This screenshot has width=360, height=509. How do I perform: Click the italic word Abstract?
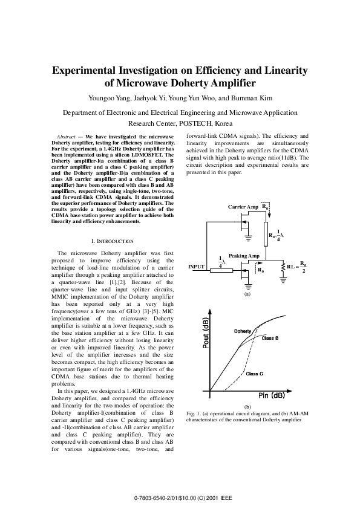[x=65, y=137]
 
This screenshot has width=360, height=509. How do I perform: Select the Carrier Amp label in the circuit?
[x=243, y=207]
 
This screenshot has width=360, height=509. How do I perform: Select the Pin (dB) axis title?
[x=268, y=395]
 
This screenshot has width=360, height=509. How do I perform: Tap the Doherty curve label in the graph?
[x=242, y=332]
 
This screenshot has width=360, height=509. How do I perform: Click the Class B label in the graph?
[x=270, y=338]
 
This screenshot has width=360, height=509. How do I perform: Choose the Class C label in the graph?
[x=255, y=374]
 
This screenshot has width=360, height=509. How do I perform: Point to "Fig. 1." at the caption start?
[x=194, y=412]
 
